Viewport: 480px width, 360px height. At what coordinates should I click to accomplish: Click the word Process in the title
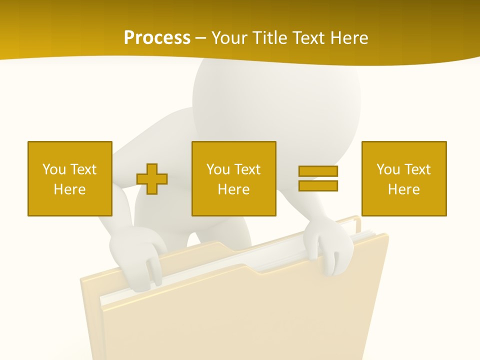point(157,38)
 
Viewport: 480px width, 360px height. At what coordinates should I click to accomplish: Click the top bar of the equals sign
point(318,171)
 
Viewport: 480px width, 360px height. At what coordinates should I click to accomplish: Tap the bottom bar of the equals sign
point(318,185)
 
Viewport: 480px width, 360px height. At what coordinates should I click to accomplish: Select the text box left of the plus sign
point(69,178)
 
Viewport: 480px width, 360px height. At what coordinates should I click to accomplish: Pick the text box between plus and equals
point(233,178)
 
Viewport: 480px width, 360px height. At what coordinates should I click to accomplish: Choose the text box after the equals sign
point(403,178)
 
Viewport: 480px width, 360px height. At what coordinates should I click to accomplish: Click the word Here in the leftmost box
point(69,189)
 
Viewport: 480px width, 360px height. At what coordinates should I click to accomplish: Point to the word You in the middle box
point(218,169)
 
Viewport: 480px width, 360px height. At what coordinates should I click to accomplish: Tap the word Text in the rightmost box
point(418,169)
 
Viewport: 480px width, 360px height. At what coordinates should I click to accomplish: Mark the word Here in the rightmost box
point(403,189)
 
